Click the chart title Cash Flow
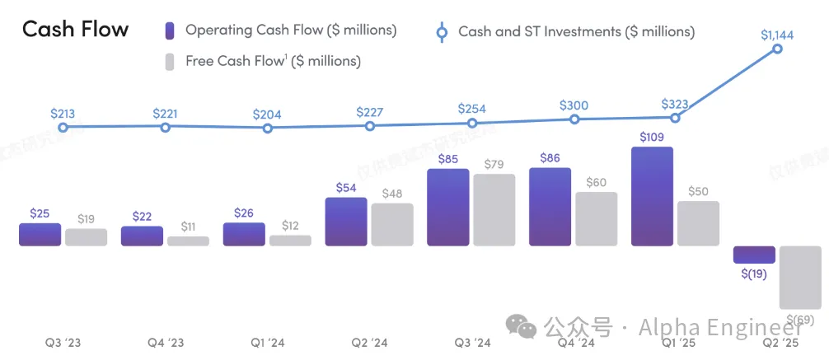tap(75, 30)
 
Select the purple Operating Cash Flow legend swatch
tap(169, 30)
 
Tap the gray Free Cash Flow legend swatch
tap(169, 61)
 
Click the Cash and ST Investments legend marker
tap(441, 32)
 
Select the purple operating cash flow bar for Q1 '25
tap(652, 196)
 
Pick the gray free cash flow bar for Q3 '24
tap(494, 210)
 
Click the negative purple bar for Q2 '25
tap(754, 255)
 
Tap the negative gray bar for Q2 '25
tap(800, 278)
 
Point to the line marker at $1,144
tap(777, 49)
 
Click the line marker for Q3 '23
tap(63, 128)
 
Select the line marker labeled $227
tap(370, 126)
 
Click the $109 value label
tap(652, 137)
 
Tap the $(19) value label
tap(754, 274)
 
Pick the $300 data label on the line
tap(574, 105)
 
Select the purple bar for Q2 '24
tap(346, 222)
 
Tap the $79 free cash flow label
tap(494, 164)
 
